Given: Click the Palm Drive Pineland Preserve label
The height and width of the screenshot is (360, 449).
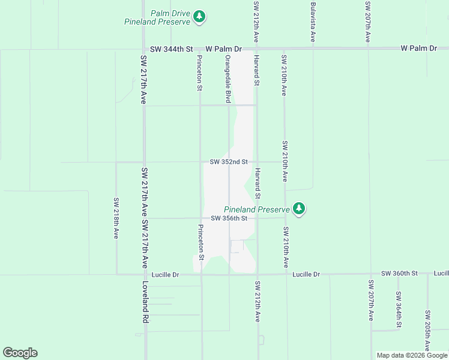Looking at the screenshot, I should (x=157, y=17).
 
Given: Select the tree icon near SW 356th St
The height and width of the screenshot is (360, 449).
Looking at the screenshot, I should (x=299, y=209).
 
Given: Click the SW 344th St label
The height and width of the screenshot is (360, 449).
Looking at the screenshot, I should (x=171, y=49).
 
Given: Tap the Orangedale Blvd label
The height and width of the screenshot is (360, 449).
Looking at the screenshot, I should (x=228, y=79).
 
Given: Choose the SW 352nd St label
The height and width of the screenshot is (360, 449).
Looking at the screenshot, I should (x=229, y=162).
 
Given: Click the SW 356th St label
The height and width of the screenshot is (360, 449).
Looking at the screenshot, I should (x=229, y=218).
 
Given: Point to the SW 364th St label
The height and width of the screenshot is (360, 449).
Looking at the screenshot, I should (x=399, y=309).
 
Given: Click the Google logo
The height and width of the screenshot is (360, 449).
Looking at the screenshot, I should (x=20, y=353).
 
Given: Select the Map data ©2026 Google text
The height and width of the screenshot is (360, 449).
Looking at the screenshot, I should (x=412, y=355).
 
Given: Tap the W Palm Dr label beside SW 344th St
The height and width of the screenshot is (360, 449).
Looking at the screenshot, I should (x=223, y=49).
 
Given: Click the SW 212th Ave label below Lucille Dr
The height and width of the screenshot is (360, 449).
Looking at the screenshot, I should (x=257, y=301).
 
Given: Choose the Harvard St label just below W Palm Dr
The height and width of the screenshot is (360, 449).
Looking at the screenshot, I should (x=257, y=71).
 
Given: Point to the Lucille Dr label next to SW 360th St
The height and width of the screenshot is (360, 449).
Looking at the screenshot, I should (x=306, y=274).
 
